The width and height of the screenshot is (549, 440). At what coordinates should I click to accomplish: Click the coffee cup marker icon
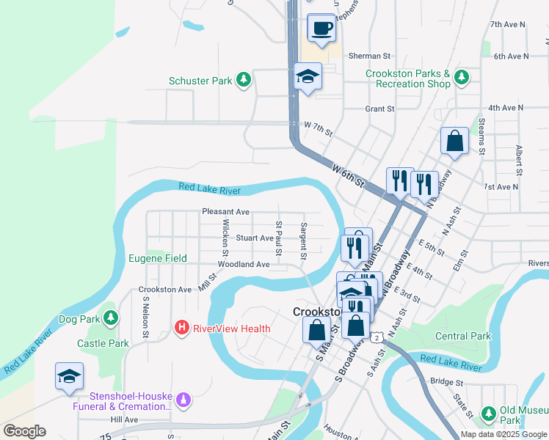point(321,28)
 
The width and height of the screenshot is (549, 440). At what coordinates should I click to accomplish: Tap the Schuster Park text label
point(200,81)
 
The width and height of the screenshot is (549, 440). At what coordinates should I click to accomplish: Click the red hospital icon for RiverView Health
point(181,328)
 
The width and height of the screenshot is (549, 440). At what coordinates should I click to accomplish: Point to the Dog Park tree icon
point(110,318)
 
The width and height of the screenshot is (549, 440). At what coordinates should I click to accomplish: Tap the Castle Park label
point(103,343)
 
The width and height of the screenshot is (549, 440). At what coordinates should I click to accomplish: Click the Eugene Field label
point(158,258)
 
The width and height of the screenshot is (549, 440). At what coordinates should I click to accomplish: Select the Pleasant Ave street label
point(226,212)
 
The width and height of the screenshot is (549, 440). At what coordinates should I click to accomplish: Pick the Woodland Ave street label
point(244,264)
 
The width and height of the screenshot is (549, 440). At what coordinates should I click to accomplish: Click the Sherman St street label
point(369,56)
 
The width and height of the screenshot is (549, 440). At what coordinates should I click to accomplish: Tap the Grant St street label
point(379,109)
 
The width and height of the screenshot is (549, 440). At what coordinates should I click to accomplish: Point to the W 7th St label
point(318,130)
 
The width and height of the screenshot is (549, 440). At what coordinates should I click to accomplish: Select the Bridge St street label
point(447,382)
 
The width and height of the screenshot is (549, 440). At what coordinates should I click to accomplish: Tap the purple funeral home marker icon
point(183,400)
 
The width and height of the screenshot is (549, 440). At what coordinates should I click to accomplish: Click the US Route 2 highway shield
point(376,337)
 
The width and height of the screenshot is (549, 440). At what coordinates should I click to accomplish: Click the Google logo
point(24,431)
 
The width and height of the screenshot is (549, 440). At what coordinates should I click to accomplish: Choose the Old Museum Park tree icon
point(487,414)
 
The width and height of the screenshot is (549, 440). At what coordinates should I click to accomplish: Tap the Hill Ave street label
point(124,419)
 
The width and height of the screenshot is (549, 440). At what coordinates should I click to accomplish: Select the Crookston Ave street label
point(165,290)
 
